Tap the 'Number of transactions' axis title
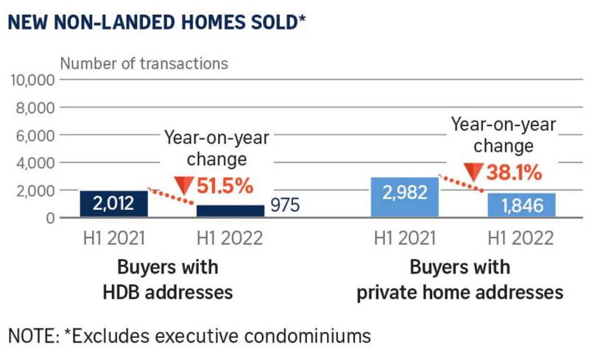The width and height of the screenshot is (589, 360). click(x=144, y=63)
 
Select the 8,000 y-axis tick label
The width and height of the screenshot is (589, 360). click(x=34, y=108)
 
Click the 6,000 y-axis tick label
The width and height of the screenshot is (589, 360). click(x=34, y=135)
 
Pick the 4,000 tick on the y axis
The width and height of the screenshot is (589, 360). click(x=34, y=163)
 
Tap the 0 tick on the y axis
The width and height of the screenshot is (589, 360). click(x=49, y=218)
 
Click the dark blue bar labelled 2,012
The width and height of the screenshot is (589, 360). click(x=114, y=204)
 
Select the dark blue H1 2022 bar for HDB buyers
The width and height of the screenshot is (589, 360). click(x=230, y=211)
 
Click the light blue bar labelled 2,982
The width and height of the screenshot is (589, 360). click(x=404, y=197)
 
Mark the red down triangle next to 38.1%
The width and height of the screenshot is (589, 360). click(x=473, y=173)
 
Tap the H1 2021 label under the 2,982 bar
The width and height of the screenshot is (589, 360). click(x=403, y=239)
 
